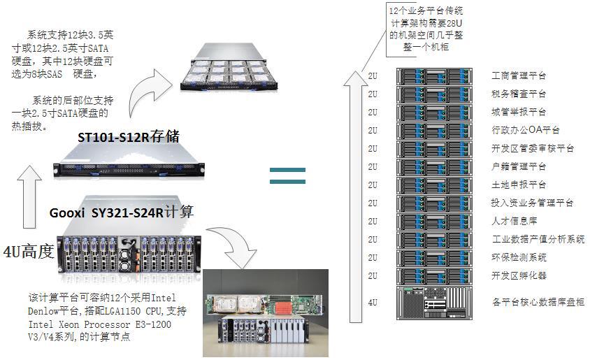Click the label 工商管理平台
[519, 75]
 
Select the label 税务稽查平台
[519, 94]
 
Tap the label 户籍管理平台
[519, 166]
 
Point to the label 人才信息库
[514, 221]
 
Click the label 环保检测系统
[519, 257]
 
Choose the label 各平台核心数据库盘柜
[538, 302]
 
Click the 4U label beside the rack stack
[372, 302]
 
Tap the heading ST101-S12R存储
[128, 136]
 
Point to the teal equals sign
[287, 175]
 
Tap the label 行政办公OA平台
[526, 130]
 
